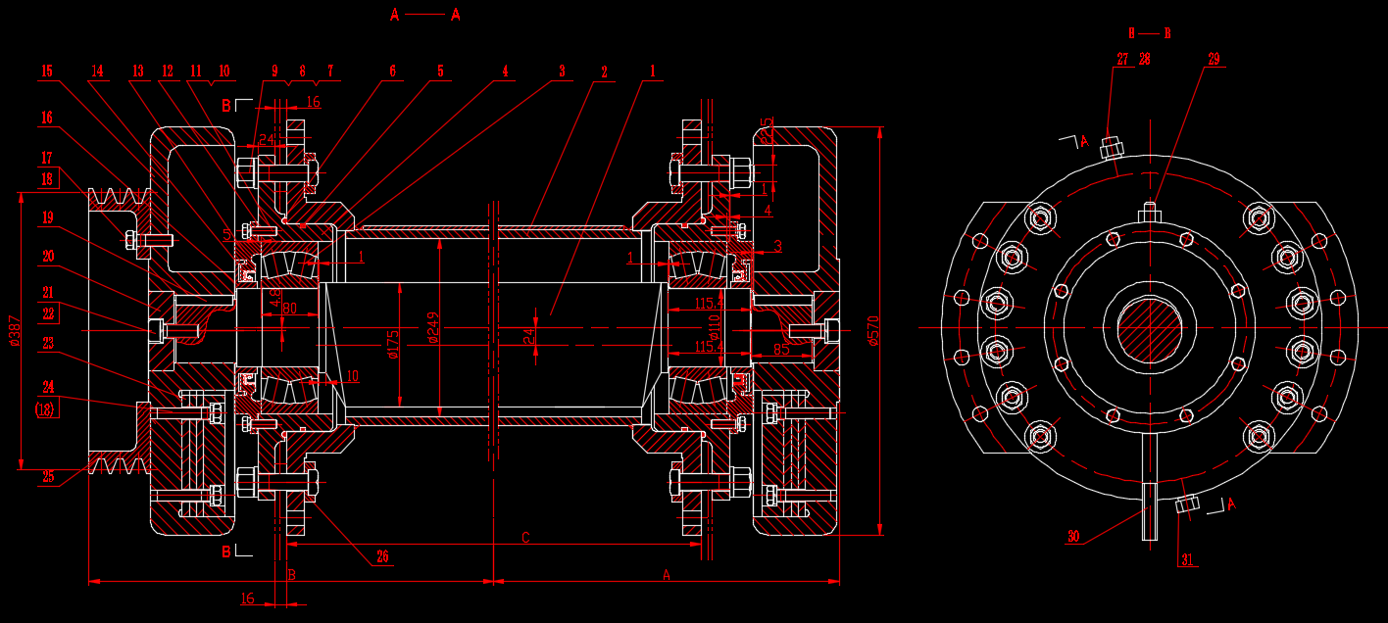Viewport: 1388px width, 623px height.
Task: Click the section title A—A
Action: pyautogui.click(x=424, y=15)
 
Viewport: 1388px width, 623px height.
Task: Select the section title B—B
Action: pyautogui.click(x=1149, y=33)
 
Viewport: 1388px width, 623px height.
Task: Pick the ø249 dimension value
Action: pyautogui.click(x=433, y=330)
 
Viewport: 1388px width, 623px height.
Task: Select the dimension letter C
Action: pyautogui.click(x=525, y=538)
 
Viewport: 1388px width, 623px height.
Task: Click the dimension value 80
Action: pyautogui.click(x=289, y=308)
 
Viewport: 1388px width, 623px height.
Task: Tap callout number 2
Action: pyautogui.click(x=604, y=72)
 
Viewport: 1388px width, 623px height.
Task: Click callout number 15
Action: pyautogui.click(x=47, y=71)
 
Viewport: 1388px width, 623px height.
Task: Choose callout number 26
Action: pyautogui.click(x=382, y=556)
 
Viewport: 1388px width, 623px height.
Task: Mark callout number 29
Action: pyautogui.click(x=1214, y=60)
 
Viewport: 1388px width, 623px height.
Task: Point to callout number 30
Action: pyautogui.click(x=1073, y=537)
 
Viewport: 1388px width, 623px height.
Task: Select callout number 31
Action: pyautogui.click(x=1187, y=560)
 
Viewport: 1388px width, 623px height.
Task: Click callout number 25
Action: pyautogui.click(x=48, y=477)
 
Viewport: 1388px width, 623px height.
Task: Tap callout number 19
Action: pyautogui.click(x=48, y=216)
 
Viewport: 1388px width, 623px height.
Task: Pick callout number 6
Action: pyautogui.click(x=392, y=72)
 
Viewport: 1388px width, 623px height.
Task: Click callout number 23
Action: pyautogui.click(x=48, y=343)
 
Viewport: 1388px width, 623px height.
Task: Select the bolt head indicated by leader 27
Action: pyautogui.click(x=1111, y=148)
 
